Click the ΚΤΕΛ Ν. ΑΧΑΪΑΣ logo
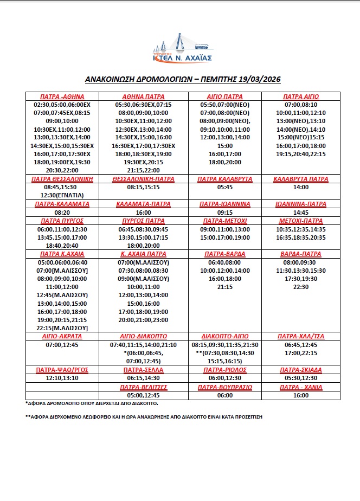pyautogui.click(x=181, y=48)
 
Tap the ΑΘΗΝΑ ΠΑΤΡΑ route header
pyautogui.click(x=144, y=97)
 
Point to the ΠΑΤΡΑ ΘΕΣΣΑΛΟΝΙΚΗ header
pyautogui.click(x=62, y=178)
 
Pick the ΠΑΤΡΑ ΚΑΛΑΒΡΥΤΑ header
pyautogui.click(x=225, y=178)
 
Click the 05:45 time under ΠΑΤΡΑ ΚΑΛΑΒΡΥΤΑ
pyautogui.click(x=225, y=187)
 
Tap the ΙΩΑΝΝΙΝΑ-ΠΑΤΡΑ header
pyautogui.click(x=301, y=204)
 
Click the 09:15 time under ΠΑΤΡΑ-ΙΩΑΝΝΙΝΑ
pyautogui.click(x=225, y=213)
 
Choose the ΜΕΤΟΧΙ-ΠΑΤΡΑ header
pyautogui.click(x=301, y=221)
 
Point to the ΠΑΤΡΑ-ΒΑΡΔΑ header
pyautogui.click(x=225, y=254)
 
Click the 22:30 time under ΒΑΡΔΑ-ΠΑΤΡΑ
pyautogui.click(x=301, y=287)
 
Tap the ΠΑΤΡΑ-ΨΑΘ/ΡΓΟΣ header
pyautogui.click(x=62, y=369)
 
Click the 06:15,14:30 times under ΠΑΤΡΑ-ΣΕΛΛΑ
pyautogui.click(x=144, y=377)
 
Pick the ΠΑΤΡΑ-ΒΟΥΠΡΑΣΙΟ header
pyautogui.click(x=225, y=387)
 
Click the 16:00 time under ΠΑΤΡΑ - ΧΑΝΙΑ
pyautogui.click(x=301, y=396)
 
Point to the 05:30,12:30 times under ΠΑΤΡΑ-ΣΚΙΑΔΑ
pyautogui.click(x=301, y=377)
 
